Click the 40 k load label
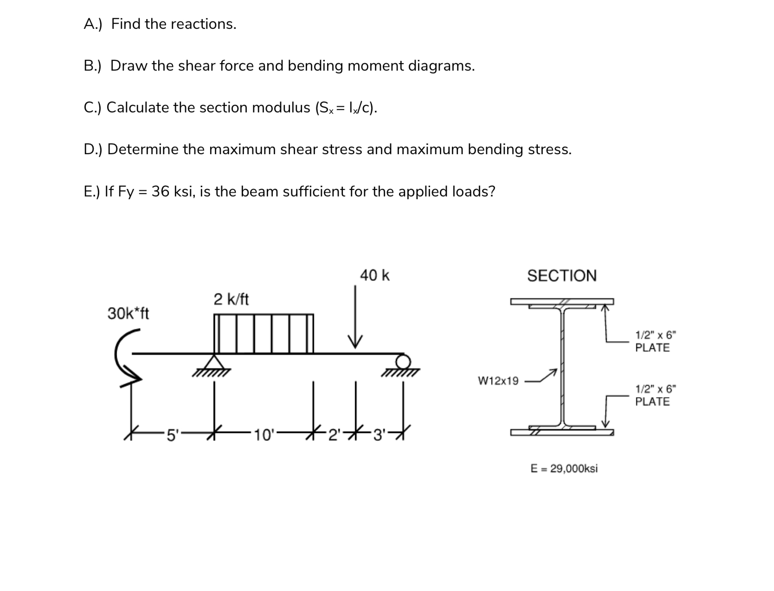pyautogui.click(x=374, y=275)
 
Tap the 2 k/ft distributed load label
pyautogui.click(x=231, y=299)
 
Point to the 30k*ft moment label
pyautogui.click(x=128, y=314)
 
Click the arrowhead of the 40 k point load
pyautogui.click(x=355, y=342)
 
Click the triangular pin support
pyautogui.click(x=213, y=362)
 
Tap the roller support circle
pyautogui.click(x=403, y=361)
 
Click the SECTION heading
pyautogui.click(x=561, y=276)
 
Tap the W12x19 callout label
pyautogui.click(x=498, y=381)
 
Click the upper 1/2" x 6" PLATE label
pyautogui.click(x=652, y=341)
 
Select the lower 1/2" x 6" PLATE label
pyautogui.click(x=652, y=395)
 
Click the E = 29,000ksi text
pyautogui.click(x=564, y=468)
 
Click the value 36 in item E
pyautogui.click(x=160, y=191)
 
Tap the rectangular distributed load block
pyautogui.click(x=263, y=333)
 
